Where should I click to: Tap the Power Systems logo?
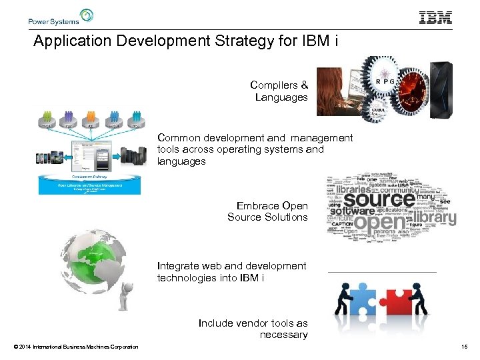click(x=61, y=17)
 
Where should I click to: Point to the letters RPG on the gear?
click(x=385, y=81)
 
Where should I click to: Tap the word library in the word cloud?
click(x=435, y=217)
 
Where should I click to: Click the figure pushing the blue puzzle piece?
click(x=345, y=298)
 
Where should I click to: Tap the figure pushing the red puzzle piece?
click(x=420, y=298)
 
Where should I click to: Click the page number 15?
click(x=464, y=347)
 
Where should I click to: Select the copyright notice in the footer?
click(x=75, y=347)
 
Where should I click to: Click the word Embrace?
click(x=258, y=205)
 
